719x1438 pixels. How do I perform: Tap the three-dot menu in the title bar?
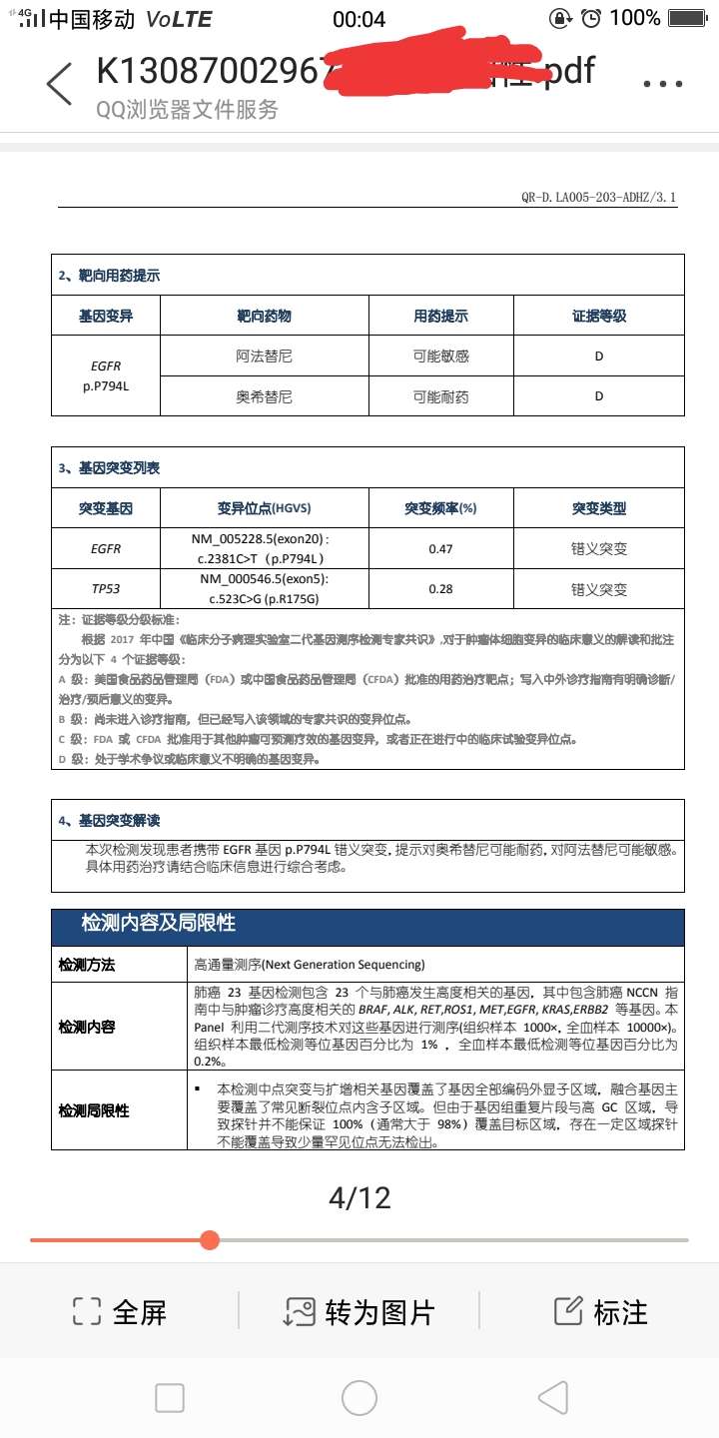(x=662, y=84)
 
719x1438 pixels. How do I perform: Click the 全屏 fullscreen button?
(x=120, y=1311)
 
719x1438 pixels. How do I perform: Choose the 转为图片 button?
(x=359, y=1311)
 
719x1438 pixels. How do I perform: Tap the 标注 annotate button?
(x=601, y=1311)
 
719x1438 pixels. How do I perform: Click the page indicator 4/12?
(x=359, y=1197)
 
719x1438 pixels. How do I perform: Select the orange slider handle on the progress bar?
(x=210, y=1240)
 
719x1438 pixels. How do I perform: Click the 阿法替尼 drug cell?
(x=265, y=357)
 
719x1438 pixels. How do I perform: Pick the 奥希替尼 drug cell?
(x=265, y=396)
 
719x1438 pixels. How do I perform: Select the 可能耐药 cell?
(x=441, y=396)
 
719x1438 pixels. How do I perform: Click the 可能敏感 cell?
(x=441, y=357)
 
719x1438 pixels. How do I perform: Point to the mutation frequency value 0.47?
(x=440, y=548)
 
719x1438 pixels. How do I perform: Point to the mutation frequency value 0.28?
(x=440, y=588)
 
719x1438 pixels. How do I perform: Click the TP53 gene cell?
(x=106, y=588)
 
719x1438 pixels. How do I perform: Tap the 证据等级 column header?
(x=599, y=316)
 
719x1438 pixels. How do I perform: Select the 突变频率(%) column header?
(x=440, y=508)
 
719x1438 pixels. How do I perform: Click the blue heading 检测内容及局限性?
(x=159, y=923)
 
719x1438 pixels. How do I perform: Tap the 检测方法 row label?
(x=87, y=965)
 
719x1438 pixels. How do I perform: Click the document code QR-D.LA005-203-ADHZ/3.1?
(x=598, y=198)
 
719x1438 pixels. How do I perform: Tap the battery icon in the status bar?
(x=687, y=18)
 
